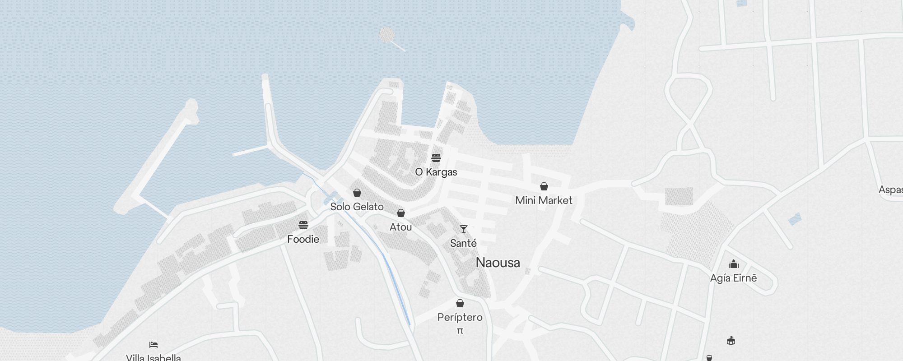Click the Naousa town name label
498,263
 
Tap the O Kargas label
436,172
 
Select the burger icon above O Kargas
436,157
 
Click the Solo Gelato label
357,207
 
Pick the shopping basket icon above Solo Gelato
357,193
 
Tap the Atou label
400,227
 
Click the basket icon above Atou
400,213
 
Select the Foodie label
303,239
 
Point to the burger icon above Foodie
303,225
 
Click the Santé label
463,243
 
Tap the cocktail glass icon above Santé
463,229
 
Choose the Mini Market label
544,200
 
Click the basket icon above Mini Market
544,186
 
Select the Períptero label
460,317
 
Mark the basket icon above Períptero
460,303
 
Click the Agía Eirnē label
733,278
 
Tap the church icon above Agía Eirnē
733,264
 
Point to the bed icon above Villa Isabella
153,345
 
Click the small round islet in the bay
386,34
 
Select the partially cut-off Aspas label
890,190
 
